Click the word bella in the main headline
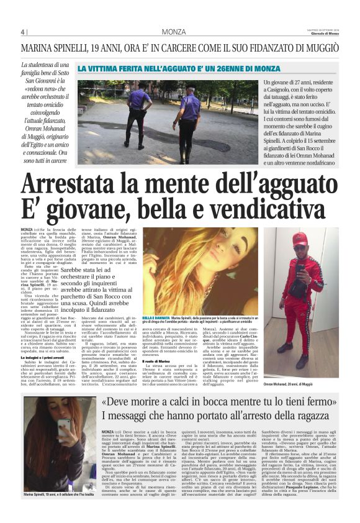(160, 211)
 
